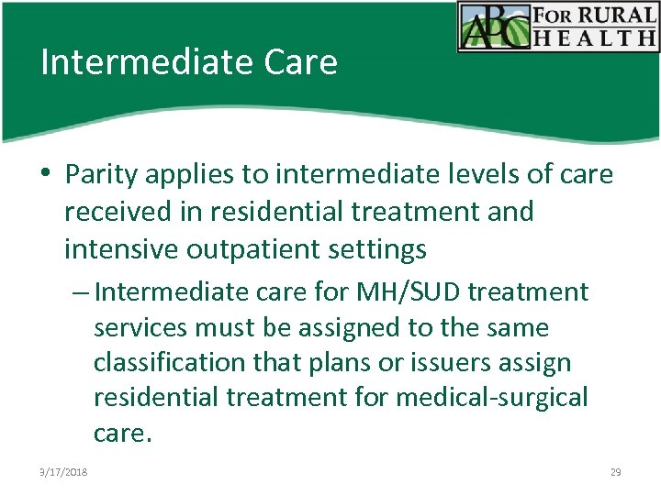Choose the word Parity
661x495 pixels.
pos(102,174)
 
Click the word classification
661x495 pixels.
pos(176,363)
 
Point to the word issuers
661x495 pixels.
pos(446,363)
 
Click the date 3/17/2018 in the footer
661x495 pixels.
pos(64,472)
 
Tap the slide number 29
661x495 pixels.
pos(615,472)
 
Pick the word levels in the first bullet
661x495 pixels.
pos(469,174)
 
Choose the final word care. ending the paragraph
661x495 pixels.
pos(122,434)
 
